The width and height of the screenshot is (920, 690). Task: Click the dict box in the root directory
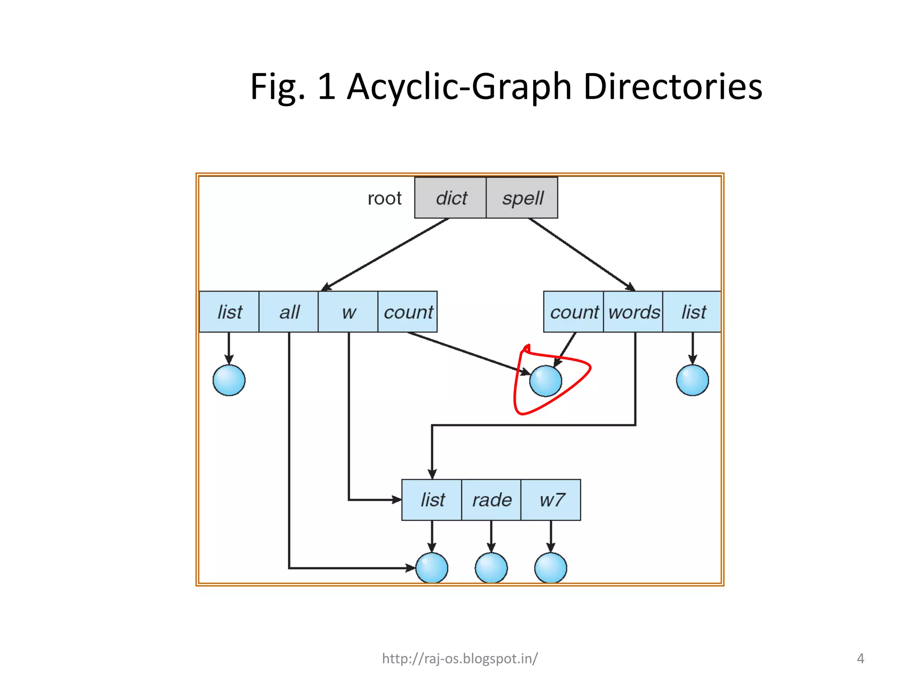click(x=450, y=198)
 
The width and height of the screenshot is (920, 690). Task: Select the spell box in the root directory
click(x=522, y=198)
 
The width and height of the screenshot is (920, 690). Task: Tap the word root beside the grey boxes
click(x=384, y=198)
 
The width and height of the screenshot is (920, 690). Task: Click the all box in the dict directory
click(x=289, y=312)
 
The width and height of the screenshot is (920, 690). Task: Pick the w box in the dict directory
click(x=348, y=312)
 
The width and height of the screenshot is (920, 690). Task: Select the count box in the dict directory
click(x=407, y=312)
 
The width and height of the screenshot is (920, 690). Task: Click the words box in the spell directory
click(x=633, y=312)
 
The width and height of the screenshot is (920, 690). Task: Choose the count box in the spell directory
click(x=574, y=312)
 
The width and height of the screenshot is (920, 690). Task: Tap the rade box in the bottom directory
click(x=491, y=500)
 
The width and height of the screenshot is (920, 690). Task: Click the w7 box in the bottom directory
click(x=551, y=500)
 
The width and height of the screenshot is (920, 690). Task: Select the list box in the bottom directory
click(x=432, y=500)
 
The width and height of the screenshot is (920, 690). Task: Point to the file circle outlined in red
click(x=546, y=381)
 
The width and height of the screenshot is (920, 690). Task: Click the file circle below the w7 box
click(x=551, y=568)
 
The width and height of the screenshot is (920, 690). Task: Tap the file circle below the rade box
click(x=491, y=568)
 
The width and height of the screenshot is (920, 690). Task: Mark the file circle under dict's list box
click(x=229, y=380)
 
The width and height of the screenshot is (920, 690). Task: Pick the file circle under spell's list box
click(x=693, y=380)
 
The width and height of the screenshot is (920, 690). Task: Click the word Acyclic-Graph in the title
click(x=459, y=86)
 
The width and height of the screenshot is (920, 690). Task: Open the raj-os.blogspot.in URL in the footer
click(x=460, y=658)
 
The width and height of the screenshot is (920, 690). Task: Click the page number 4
click(x=860, y=659)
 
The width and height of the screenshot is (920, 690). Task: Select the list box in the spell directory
click(x=693, y=312)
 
